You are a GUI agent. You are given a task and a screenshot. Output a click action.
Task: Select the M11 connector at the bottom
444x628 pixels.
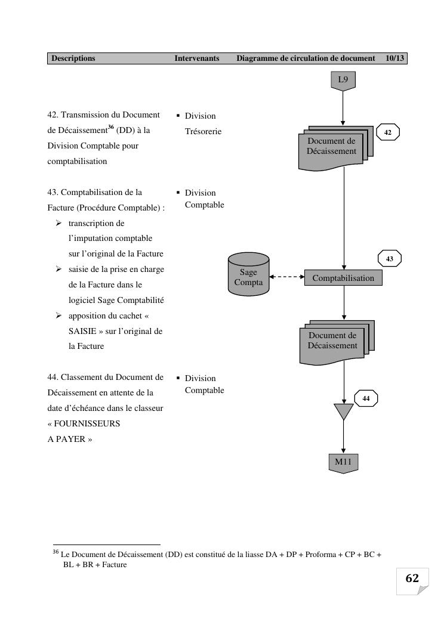(343, 462)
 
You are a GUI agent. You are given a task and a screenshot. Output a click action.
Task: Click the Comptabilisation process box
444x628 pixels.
(343, 278)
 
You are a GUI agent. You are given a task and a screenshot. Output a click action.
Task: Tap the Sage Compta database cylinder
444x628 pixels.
(248, 276)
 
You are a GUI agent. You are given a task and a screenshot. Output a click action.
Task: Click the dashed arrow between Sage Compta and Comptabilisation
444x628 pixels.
(287, 277)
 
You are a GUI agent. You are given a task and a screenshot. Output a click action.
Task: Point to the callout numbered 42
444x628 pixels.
(388, 132)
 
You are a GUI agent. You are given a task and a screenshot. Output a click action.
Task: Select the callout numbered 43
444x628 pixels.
(390, 259)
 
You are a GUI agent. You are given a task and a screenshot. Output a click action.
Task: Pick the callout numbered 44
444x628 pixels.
(366, 398)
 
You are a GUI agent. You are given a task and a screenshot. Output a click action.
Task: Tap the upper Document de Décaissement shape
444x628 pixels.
(332, 147)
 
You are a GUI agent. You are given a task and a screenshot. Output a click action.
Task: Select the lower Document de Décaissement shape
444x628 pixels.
(333, 342)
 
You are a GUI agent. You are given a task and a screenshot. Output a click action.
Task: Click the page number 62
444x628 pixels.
(412, 578)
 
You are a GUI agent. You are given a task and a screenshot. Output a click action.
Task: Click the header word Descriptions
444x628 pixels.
(73, 58)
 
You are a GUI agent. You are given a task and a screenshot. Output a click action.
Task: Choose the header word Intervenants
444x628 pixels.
(197, 58)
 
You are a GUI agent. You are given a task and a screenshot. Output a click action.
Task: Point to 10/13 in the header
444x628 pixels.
(395, 58)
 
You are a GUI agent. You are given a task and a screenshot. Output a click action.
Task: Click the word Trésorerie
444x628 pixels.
(203, 131)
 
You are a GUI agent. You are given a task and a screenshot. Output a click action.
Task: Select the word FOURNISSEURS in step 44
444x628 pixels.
(84, 424)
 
